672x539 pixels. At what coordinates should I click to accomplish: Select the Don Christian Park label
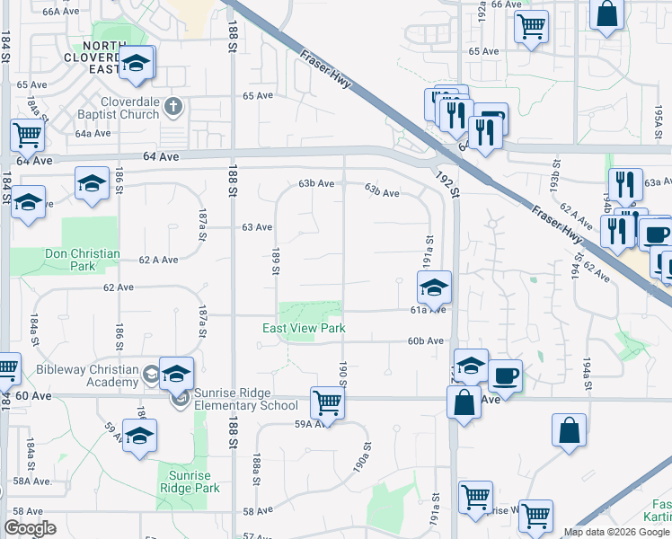click(x=83, y=260)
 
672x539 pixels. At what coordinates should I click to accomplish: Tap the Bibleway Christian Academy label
click(x=88, y=376)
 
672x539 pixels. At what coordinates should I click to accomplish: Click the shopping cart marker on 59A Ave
click(x=327, y=402)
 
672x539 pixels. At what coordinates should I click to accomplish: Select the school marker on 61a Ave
click(x=434, y=287)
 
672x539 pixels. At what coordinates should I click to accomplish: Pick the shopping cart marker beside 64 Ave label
click(x=28, y=135)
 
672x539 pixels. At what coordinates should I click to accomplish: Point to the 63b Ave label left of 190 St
click(x=316, y=183)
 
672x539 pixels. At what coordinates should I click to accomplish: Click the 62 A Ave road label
click(x=158, y=260)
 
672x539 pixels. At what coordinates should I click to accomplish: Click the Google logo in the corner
click(x=30, y=527)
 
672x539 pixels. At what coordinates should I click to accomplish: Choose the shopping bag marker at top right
click(x=607, y=14)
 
